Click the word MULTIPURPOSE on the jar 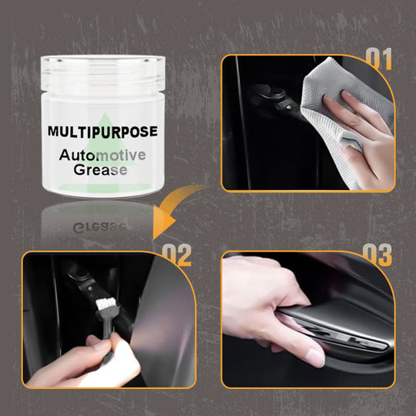[102, 132]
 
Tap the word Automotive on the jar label [102, 155]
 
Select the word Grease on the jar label [100, 169]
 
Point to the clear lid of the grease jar [103, 73]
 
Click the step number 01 [378, 59]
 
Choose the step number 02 [176, 255]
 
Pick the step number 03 [377, 255]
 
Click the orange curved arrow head [164, 223]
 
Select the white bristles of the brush [106, 304]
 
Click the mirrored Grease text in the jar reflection [99, 227]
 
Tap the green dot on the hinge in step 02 [89, 287]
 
